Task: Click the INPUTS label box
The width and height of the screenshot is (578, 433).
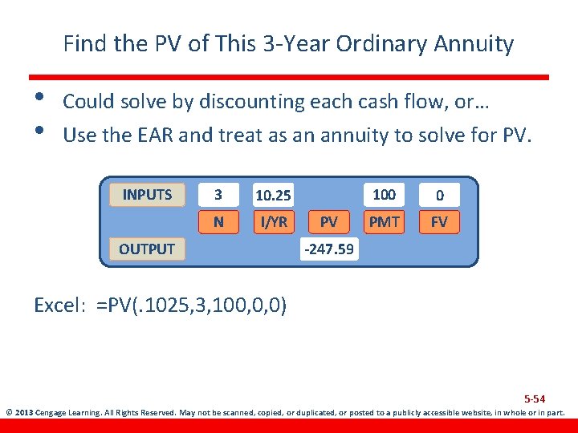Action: point(147,195)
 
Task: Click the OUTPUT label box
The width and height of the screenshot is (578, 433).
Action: point(147,249)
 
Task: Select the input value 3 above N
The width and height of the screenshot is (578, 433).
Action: point(218,195)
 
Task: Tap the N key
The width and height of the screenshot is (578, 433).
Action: point(218,221)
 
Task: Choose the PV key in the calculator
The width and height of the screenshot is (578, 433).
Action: point(328,221)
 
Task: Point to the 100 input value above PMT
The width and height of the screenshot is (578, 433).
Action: point(384,194)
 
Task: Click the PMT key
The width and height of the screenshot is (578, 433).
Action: point(384,221)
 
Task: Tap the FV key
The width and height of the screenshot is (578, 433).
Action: point(439,221)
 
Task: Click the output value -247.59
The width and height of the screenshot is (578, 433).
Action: point(328,249)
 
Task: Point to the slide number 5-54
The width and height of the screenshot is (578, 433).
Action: point(535,399)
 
